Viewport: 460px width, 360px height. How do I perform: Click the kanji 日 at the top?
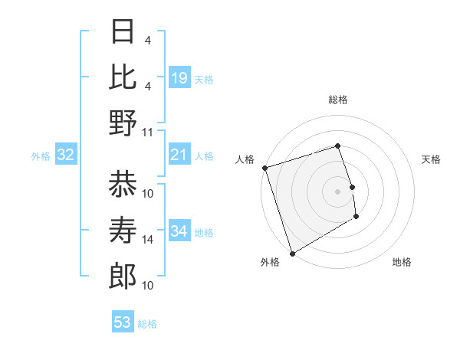pyautogui.click(x=123, y=32)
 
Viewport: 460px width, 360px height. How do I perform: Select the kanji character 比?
pyautogui.click(x=123, y=77)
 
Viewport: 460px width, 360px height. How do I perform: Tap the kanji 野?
pyautogui.click(x=123, y=123)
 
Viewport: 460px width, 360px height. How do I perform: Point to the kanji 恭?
pyautogui.click(x=123, y=185)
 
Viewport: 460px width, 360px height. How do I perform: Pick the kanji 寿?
pyautogui.click(x=123, y=231)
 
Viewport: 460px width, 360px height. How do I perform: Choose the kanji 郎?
pyautogui.click(x=123, y=277)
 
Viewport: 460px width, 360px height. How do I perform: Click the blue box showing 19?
pyautogui.click(x=179, y=78)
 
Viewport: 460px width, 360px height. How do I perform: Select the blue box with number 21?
pyautogui.click(x=179, y=155)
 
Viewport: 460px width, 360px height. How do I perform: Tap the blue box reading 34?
pyautogui.click(x=179, y=231)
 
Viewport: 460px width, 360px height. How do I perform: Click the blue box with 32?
pyautogui.click(x=66, y=155)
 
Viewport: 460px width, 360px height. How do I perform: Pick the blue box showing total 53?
pyautogui.click(x=123, y=322)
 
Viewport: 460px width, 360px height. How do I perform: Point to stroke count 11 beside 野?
pyautogui.click(x=149, y=132)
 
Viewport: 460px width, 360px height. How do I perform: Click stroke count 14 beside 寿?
pyautogui.click(x=149, y=240)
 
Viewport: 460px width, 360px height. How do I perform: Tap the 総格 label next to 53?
pyautogui.click(x=148, y=324)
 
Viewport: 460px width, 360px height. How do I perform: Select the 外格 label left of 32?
pyautogui.click(x=41, y=156)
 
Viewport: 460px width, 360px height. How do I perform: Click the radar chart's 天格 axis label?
pyautogui.click(x=432, y=159)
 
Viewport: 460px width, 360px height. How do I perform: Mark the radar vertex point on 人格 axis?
pyautogui.click(x=264, y=167)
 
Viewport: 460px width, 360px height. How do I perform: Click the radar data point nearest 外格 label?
pyautogui.click(x=292, y=254)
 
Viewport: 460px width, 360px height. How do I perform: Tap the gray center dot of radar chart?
pyautogui.click(x=338, y=191)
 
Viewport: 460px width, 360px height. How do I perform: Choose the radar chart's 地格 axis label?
pyautogui.click(x=402, y=262)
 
